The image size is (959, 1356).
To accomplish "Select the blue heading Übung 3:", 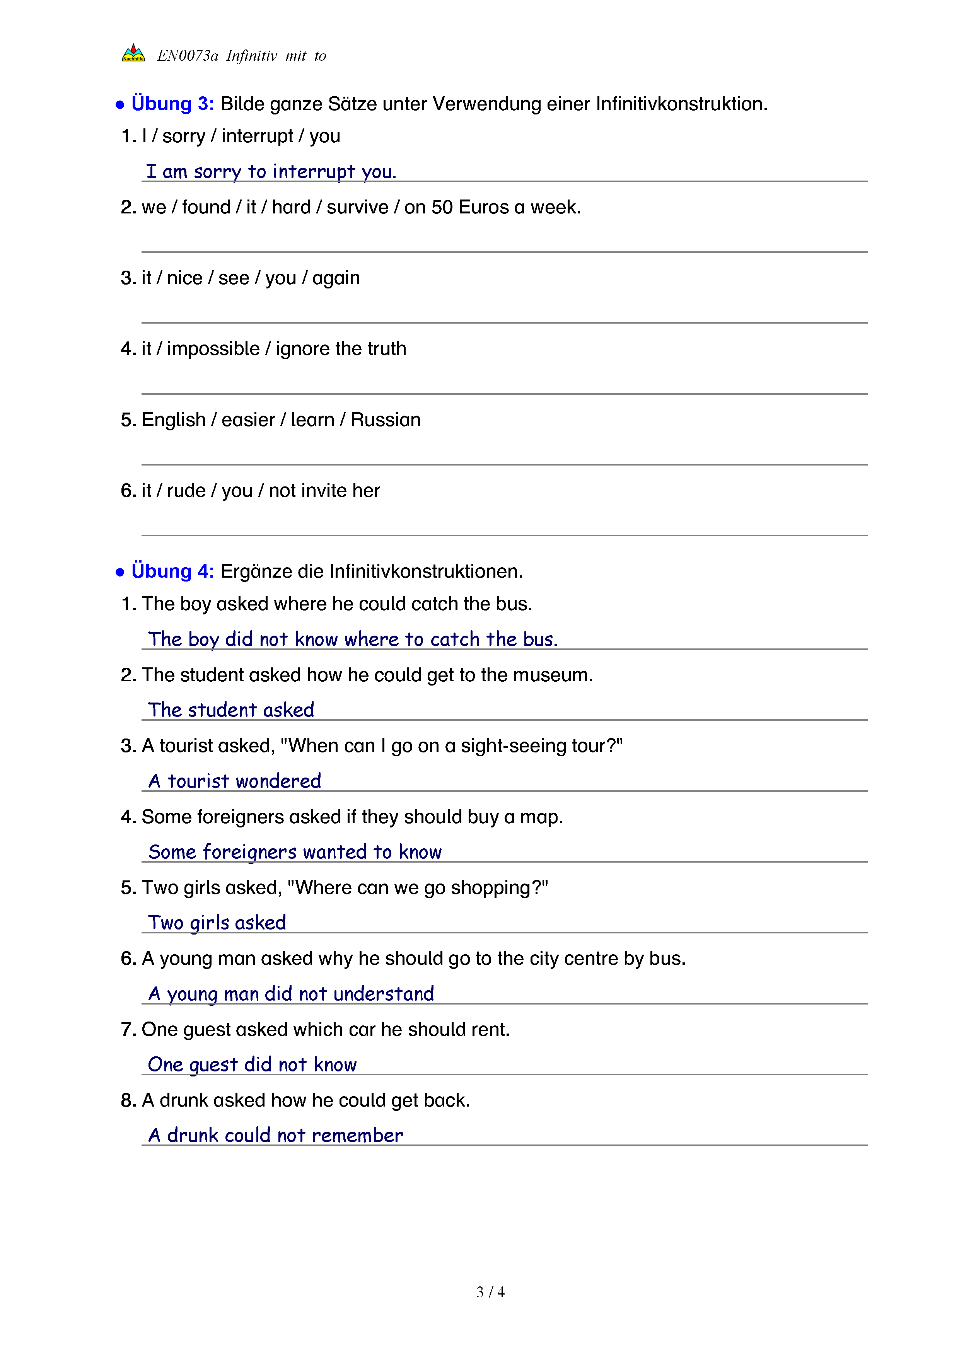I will [x=172, y=104].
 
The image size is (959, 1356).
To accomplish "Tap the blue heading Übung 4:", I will [x=172, y=571].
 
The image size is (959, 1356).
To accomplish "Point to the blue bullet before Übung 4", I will [x=120, y=572].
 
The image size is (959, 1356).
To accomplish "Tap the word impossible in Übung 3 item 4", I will [x=213, y=349].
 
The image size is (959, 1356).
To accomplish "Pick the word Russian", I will [x=386, y=420].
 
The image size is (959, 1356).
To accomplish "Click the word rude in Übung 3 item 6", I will [x=186, y=491].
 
